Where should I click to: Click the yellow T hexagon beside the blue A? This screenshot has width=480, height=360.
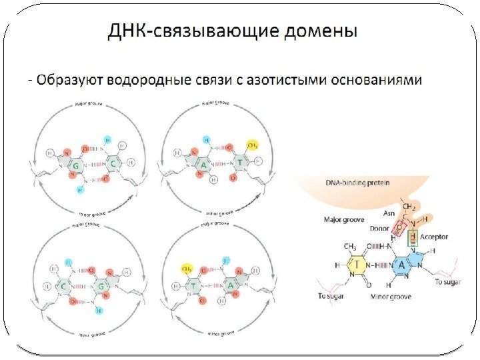pyautogui.click(x=357, y=265)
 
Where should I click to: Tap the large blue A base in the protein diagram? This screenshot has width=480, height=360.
pyautogui.click(x=403, y=265)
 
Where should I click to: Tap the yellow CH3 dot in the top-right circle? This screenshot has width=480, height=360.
pyautogui.click(x=252, y=145)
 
